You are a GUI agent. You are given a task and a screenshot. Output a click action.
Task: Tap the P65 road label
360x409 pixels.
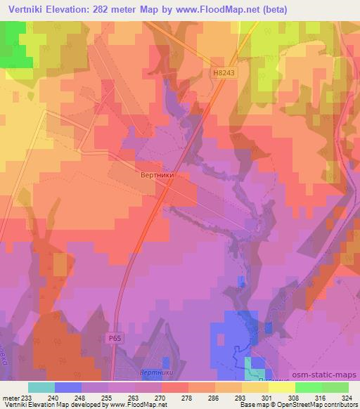(115, 339)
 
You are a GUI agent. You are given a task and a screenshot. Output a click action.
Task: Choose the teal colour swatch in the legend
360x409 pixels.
(41, 387)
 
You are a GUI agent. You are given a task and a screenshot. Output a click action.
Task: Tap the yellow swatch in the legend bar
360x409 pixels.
(255, 387)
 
